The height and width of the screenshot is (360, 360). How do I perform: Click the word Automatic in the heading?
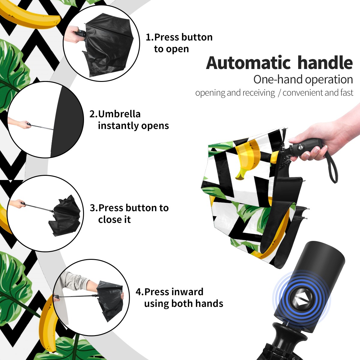click(x=248, y=63)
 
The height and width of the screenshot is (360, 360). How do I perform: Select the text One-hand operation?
click(x=303, y=79)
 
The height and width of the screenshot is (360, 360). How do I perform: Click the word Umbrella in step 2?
click(x=119, y=114)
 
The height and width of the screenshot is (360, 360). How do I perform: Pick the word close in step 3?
click(x=109, y=219)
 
